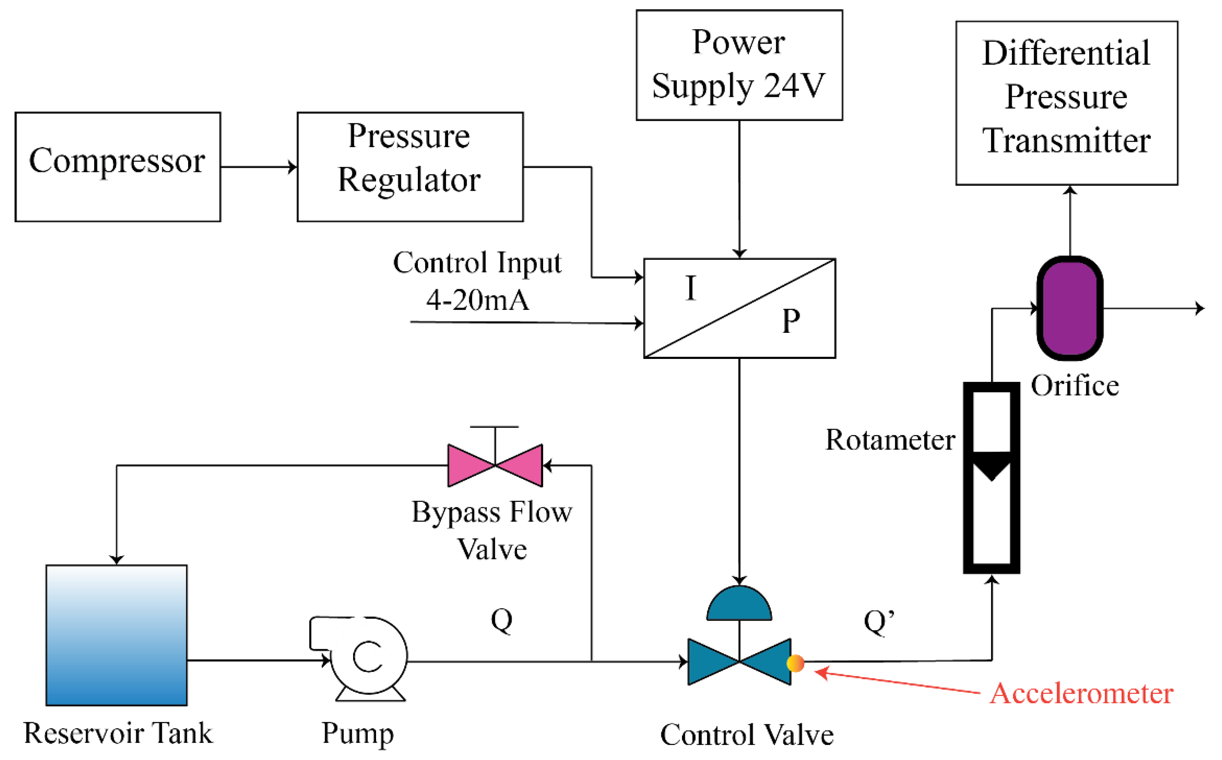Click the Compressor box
pyautogui.click(x=118, y=167)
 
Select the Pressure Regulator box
pyautogui.click(x=410, y=167)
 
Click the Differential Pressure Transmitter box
pyautogui.click(x=1066, y=103)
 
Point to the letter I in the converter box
pyautogui.click(x=691, y=288)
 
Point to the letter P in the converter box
pyautogui.click(x=791, y=321)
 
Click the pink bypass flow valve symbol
pyautogui.click(x=495, y=465)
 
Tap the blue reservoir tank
pyautogui.click(x=116, y=636)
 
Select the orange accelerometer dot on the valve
pyautogui.click(x=795, y=663)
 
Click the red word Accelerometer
pyautogui.click(x=1081, y=694)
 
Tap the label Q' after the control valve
pyautogui.click(x=879, y=622)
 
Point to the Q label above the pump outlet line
pyautogui.click(x=501, y=620)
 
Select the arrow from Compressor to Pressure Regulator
pyautogui.click(x=259, y=167)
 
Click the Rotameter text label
pyautogui.click(x=890, y=440)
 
